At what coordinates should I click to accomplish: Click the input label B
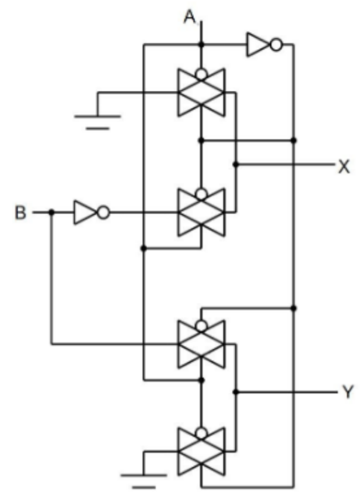(20, 213)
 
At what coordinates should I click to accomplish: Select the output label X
(344, 166)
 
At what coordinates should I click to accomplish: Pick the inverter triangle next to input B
(85, 213)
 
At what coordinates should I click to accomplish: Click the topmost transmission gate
(201, 92)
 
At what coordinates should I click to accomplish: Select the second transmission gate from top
(201, 213)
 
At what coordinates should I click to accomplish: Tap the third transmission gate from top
(201, 344)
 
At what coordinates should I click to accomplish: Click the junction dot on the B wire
(52, 213)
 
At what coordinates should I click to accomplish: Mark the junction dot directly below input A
(201, 45)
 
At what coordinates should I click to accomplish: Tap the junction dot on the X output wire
(235, 165)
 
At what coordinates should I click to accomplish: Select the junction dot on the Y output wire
(235, 392)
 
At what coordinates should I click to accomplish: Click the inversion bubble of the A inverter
(276, 45)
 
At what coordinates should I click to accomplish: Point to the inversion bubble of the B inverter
(104, 213)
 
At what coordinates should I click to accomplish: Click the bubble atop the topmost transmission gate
(201, 74)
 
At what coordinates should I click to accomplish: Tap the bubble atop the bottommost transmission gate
(201, 434)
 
